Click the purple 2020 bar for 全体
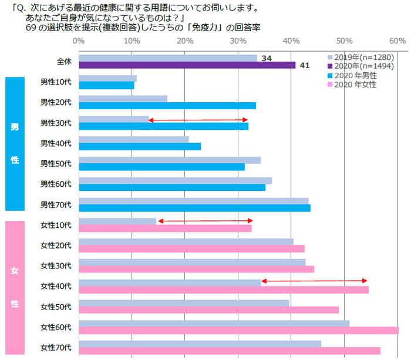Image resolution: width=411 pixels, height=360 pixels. [x=187, y=65]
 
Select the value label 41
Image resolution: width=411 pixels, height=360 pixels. [x=304, y=66]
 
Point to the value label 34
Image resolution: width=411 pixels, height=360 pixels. [x=266, y=58]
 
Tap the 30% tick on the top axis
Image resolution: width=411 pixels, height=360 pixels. [x=238, y=41]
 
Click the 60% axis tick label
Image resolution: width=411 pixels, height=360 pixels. [x=397, y=41]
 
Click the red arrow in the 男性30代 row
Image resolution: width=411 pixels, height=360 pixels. [x=198, y=120]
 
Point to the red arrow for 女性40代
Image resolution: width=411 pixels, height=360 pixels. [x=314, y=281]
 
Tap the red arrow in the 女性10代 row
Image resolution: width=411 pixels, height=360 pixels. [x=205, y=221]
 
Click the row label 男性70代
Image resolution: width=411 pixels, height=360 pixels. [x=56, y=204]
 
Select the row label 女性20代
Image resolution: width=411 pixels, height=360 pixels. [x=56, y=245]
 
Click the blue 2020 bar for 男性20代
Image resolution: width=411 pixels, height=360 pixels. [x=167, y=106]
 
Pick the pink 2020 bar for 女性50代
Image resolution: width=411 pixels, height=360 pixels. [x=208, y=310]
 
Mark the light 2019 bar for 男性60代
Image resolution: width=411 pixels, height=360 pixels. [x=175, y=180]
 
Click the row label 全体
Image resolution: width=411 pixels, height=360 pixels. [x=63, y=61]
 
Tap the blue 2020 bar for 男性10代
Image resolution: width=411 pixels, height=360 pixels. [x=106, y=86]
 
